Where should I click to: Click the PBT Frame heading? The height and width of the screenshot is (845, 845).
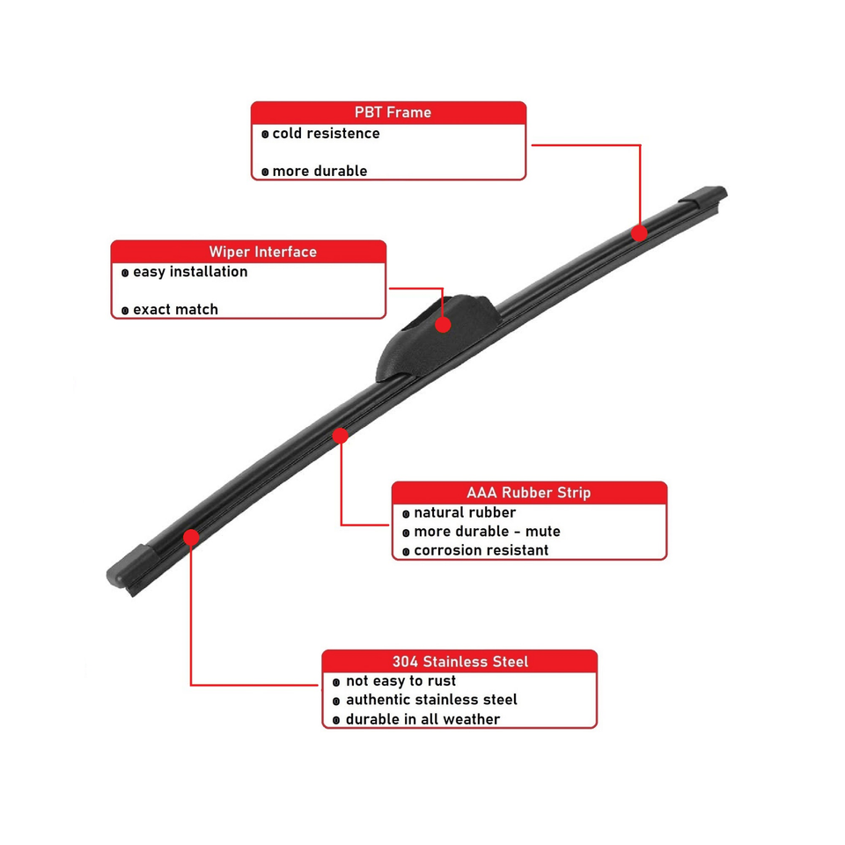tap(393, 113)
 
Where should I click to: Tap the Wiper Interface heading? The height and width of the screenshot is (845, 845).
tap(262, 252)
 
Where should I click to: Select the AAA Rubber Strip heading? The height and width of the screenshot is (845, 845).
tap(528, 493)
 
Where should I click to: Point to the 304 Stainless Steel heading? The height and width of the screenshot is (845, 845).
tap(459, 662)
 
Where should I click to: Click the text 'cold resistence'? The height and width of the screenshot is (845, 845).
tap(326, 134)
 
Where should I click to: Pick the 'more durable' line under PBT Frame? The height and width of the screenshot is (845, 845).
tap(320, 171)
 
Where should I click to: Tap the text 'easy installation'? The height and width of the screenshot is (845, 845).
tap(190, 272)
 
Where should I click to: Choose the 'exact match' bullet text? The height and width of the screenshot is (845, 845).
tap(175, 310)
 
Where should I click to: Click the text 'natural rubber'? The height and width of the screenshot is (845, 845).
tap(465, 512)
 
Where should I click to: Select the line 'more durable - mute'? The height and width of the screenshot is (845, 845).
tap(487, 532)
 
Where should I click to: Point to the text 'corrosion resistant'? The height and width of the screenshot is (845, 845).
tap(481, 551)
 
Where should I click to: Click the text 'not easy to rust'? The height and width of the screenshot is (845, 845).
tap(400, 681)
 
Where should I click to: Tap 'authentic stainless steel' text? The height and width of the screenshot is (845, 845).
tap(431, 701)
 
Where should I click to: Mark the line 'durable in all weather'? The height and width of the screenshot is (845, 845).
tap(422, 720)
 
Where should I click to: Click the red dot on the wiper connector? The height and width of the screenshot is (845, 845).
tap(443, 325)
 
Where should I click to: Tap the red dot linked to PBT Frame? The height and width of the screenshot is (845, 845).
tap(639, 232)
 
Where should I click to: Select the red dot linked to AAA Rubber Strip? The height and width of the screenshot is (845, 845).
tap(341, 435)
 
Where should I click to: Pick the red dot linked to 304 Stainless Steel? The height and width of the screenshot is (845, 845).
tap(191, 536)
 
